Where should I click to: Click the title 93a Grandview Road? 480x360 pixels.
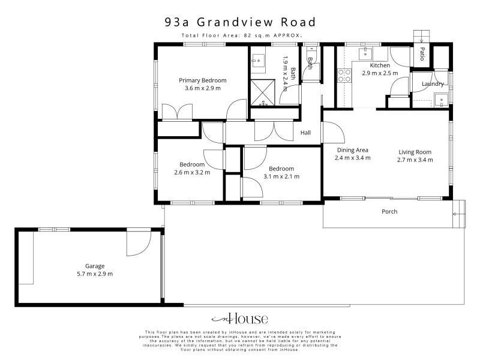click(x=240, y=22)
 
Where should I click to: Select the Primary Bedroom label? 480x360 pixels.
click(x=203, y=80)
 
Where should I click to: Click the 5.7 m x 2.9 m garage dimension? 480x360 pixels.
click(x=95, y=274)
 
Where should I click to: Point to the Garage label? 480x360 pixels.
click(x=95, y=266)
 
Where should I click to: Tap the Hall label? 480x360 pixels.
click(x=305, y=133)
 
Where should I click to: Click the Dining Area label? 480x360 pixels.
click(x=353, y=150)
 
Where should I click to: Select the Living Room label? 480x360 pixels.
click(x=415, y=152)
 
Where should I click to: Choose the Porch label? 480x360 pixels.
click(x=389, y=212)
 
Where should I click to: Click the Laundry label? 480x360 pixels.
click(x=433, y=84)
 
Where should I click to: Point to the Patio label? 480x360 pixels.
click(x=422, y=54)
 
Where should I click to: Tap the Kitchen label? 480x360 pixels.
click(x=380, y=65)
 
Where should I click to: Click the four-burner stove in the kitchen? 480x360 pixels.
click(x=344, y=76)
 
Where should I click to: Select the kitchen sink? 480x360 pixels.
click(x=366, y=53)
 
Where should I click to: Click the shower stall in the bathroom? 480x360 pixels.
click(x=263, y=92)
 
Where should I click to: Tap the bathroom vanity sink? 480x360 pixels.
click(x=259, y=61)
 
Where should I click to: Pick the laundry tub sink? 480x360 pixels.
click(x=441, y=100)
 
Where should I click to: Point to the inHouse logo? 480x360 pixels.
click(x=239, y=319)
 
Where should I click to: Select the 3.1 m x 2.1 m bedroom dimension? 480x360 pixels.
click(x=281, y=176)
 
